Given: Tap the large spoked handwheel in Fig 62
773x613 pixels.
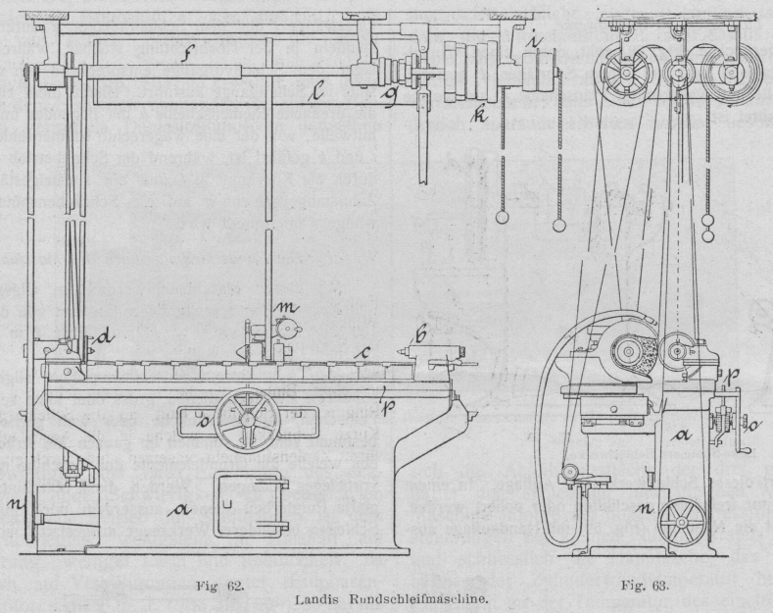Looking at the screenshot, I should click(x=250, y=422).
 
